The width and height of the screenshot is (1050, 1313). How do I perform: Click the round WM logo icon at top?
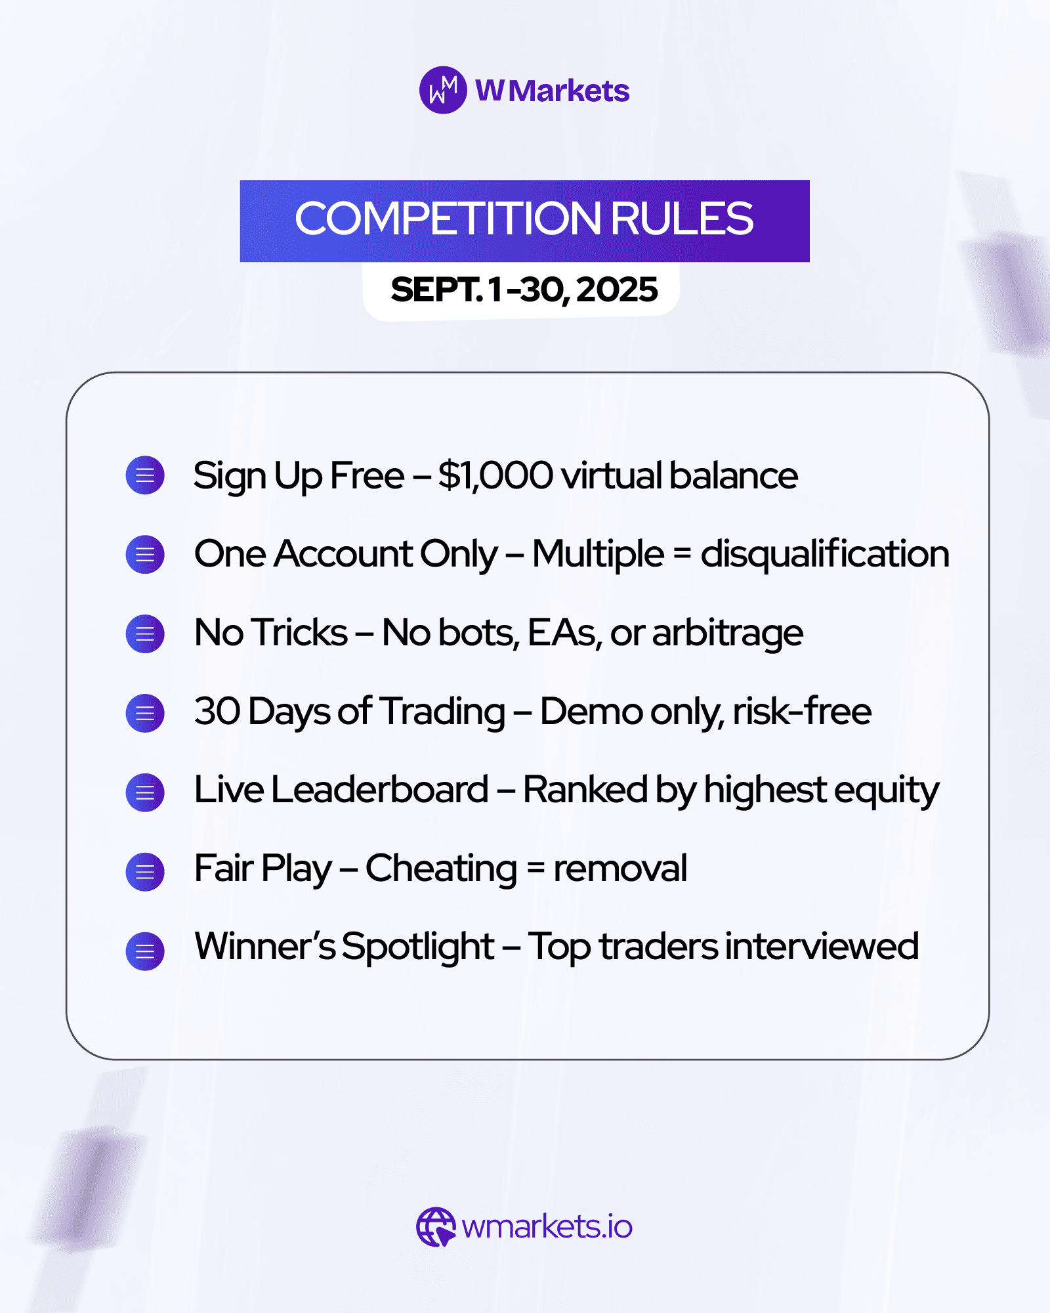tap(443, 90)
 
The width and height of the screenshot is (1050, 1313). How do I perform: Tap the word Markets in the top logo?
tap(569, 91)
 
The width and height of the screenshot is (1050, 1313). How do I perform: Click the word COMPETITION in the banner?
tap(448, 218)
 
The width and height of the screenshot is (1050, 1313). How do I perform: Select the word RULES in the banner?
tap(682, 218)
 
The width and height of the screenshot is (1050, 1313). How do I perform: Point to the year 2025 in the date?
tap(618, 290)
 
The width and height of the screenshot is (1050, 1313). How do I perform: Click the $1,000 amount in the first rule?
tap(495, 475)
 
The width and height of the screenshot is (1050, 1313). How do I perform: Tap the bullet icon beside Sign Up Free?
tap(145, 475)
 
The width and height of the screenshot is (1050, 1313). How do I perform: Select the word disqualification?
tap(825, 553)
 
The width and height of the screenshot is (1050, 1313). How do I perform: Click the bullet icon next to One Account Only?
tap(145, 555)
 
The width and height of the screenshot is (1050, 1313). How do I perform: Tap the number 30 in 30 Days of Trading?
tap(217, 711)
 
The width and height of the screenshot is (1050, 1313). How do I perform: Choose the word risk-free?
tap(802, 711)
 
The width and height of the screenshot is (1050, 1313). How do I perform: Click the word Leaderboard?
tap(379, 789)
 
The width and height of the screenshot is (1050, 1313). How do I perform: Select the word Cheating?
tap(442, 869)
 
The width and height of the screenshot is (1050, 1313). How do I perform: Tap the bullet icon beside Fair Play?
tap(145, 872)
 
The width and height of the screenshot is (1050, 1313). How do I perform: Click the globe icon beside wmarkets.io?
tap(436, 1226)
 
